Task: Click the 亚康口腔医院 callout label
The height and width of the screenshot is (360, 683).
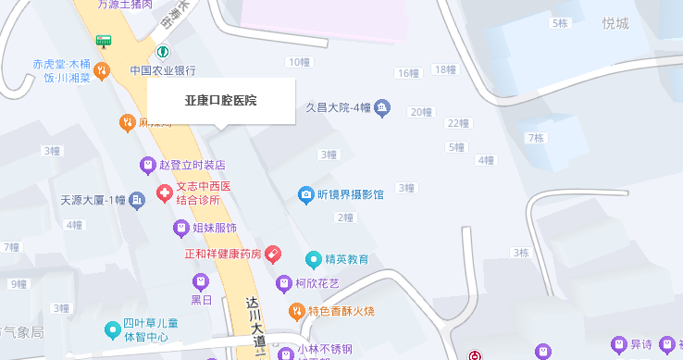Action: [220, 99]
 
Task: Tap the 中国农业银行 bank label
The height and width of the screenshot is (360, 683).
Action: [162, 70]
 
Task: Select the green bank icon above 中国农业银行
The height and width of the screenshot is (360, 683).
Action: [163, 52]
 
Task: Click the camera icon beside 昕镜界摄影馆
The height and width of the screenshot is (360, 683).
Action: [305, 194]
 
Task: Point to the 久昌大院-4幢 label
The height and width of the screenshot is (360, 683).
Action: [338, 107]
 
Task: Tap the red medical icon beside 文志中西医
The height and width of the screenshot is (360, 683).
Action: [164, 193]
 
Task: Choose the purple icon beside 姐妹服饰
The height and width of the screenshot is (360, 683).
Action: [181, 227]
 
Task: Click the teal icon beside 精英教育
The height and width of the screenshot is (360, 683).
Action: [313, 259]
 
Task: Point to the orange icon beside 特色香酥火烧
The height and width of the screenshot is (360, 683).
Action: [297, 311]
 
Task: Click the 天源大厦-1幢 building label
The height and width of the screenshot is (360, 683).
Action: [92, 199]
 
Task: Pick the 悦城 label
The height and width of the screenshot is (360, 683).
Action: [615, 23]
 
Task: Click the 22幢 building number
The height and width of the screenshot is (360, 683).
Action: [458, 123]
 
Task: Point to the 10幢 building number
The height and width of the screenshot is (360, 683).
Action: [298, 62]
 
